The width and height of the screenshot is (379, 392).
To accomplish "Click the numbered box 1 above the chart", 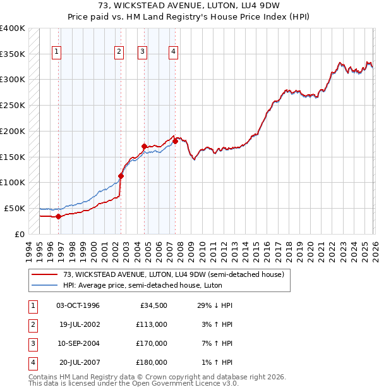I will pos(57,52).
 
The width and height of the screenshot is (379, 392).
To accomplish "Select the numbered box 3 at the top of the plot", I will pos(143,52).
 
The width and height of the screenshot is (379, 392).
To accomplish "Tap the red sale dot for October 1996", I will pos(59,216).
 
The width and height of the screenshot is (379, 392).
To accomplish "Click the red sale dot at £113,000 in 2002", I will pos(121,176).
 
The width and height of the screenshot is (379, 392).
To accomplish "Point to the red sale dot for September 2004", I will pos(145,147).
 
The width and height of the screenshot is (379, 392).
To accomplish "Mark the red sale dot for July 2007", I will pos(175,142).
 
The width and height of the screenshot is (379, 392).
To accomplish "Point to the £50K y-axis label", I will pos(15,208).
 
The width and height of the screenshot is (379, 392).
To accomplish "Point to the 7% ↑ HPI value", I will pos(219,343).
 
